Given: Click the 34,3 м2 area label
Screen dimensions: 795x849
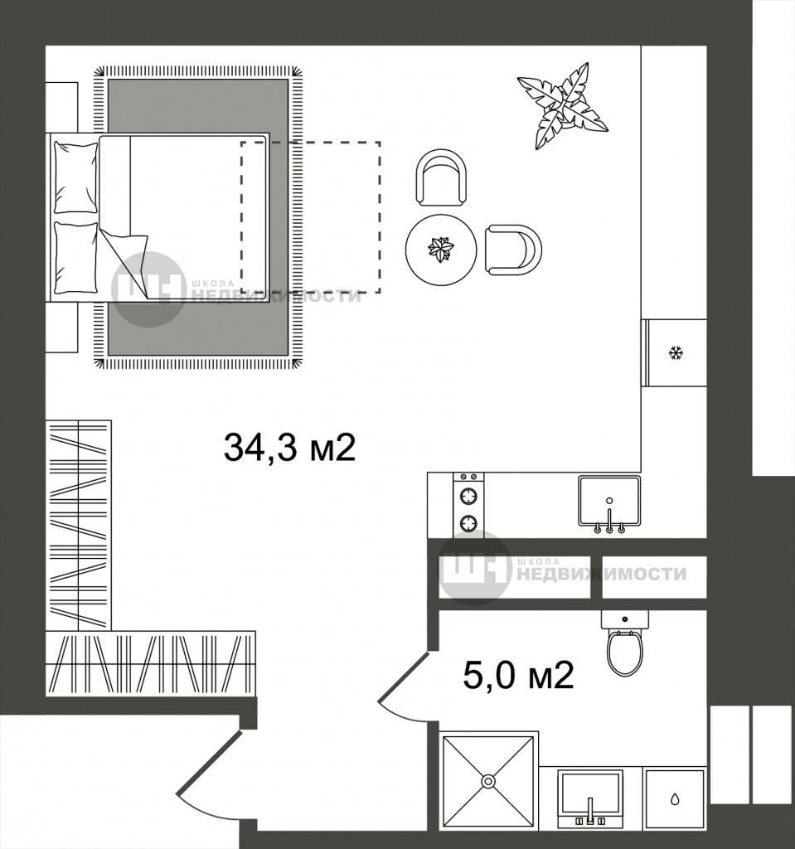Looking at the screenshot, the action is point(289,448).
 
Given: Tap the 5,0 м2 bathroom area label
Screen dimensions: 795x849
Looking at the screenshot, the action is point(518,675).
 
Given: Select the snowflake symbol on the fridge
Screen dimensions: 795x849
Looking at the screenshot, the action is point(676,353).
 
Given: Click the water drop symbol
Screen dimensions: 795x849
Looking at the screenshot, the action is point(675,798).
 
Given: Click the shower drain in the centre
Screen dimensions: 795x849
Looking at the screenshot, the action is point(488,781).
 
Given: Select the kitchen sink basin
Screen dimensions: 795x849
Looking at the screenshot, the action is point(609,501).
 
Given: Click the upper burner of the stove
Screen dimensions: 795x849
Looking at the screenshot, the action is point(468,496).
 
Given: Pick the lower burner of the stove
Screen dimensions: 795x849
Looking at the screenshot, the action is point(468,523).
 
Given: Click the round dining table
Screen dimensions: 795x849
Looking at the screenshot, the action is point(441,250).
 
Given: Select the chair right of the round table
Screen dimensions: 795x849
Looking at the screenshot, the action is point(513,250).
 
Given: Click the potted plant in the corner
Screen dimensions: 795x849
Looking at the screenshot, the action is point(563,105).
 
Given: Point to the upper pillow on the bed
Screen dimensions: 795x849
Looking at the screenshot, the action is point(75,177).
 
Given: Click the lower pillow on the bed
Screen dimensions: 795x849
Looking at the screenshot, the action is point(75,258).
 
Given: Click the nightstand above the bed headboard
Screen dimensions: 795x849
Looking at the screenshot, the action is point(61,107).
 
